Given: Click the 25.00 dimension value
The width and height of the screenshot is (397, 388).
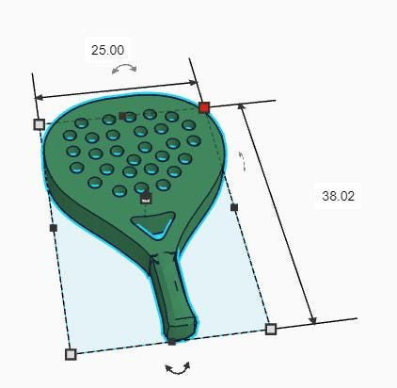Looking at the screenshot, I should click(x=107, y=50).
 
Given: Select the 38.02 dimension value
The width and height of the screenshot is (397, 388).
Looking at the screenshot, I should click(x=338, y=196).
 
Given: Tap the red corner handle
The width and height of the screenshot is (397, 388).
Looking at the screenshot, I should click(x=204, y=107).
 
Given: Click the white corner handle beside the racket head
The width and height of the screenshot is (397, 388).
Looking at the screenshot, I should click(x=40, y=124).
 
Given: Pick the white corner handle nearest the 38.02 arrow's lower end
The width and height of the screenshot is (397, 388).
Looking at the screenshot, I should click(x=271, y=329).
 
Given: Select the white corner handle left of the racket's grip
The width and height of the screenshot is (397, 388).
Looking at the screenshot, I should click(x=71, y=354).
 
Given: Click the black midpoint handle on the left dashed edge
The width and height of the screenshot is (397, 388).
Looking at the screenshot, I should click(x=54, y=228).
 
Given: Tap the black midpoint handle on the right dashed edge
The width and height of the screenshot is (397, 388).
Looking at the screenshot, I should click(x=234, y=207).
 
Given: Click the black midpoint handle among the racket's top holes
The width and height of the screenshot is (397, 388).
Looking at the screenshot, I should click(x=123, y=116).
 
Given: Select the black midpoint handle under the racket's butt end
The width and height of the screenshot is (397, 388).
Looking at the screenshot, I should click(x=172, y=341).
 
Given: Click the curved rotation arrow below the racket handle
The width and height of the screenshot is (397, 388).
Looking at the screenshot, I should click(x=178, y=367).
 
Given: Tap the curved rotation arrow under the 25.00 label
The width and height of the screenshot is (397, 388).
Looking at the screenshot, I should click(x=124, y=69).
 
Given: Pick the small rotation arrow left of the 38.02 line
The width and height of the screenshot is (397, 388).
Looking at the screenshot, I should click(x=242, y=161).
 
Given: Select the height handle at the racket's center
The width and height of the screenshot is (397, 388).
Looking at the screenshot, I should click(x=146, y=198).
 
